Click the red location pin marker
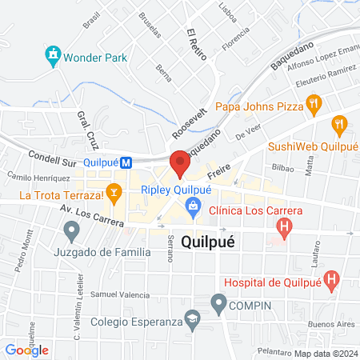pos(179,164)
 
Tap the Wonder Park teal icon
pos(53,56)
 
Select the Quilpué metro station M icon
pos(126,162)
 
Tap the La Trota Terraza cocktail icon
pos(115,192)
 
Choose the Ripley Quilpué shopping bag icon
pos(193,207)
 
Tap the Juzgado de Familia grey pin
pos(72,232)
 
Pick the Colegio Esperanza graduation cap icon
pos(193,321)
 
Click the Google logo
pos(26,350)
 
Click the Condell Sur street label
pos(50,157)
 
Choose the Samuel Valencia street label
pos(120,294)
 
